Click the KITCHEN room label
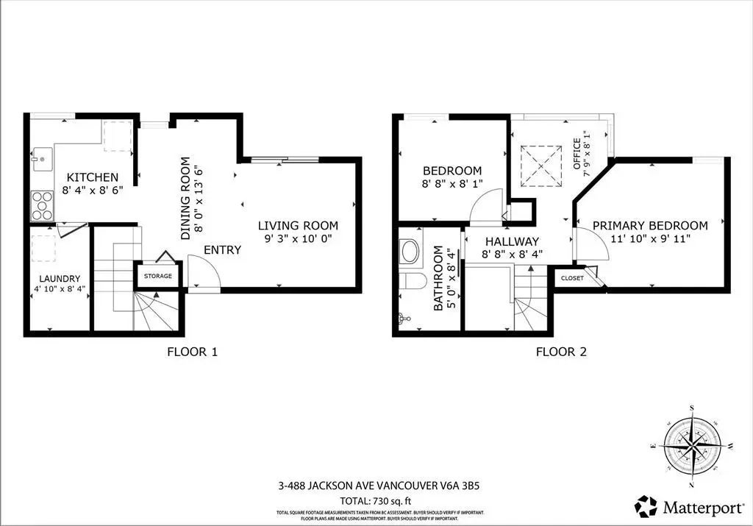[x=92, y=177]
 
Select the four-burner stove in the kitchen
[x=42, y=205]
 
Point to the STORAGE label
[x=158, y=276]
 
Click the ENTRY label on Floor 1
[x=222, y=250]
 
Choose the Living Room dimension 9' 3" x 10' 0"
[x=298, y=239]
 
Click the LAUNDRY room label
[x=60, y=279]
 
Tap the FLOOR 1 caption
[x=192, y=352]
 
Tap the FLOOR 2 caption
[x=560, y=352]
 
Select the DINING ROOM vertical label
[x=192, y=198]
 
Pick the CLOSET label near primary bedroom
[x=572, y=278]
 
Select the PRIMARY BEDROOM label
[x=650, y=226]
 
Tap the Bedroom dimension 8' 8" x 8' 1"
[x=452, y=184]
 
